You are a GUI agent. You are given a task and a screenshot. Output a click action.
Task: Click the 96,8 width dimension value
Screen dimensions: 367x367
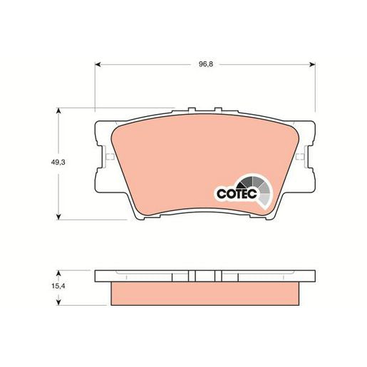point(206,64)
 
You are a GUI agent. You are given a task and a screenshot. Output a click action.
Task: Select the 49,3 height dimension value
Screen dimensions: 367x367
point(58,162)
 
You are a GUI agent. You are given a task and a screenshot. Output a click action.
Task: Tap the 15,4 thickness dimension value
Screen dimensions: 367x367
point(58,286)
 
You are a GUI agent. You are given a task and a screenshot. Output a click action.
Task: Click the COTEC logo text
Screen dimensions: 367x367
point(237,194)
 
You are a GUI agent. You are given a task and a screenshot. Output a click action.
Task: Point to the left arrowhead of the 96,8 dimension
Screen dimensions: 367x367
point(98,64)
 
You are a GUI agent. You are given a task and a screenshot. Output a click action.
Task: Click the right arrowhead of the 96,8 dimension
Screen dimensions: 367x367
point(312,64)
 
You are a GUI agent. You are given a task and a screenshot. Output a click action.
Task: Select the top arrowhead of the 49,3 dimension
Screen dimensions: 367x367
point(58,111)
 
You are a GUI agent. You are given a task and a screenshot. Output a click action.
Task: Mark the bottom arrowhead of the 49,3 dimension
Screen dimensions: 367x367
point(58,217)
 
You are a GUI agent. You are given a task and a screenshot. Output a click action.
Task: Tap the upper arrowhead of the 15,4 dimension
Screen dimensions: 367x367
point(58,273)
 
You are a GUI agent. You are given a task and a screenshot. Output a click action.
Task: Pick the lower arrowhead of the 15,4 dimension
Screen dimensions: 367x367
point(58,302)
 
